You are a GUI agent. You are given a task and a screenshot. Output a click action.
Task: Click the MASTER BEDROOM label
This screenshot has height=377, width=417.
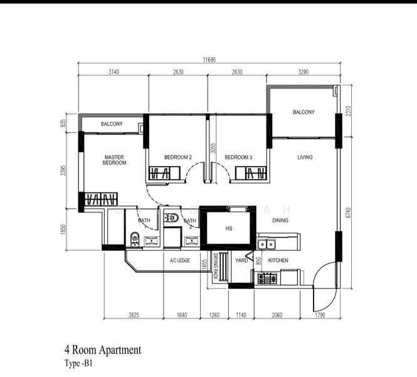pos(115,160)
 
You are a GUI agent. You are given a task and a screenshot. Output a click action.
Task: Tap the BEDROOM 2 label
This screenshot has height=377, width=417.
pos(177,157)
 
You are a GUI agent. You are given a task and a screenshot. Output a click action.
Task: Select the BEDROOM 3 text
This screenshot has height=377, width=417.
pos(238,157)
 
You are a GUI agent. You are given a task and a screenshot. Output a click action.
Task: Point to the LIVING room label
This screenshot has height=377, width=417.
pos(305,157)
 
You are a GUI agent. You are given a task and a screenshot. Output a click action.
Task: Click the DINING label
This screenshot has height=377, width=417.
pos(280,221)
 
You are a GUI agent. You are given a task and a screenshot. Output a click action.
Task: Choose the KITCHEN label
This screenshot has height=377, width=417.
pos(278,260)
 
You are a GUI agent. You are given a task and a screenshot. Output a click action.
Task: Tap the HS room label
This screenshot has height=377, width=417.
pos(229,229)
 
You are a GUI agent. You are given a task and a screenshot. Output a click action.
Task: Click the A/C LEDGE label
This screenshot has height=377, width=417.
pos(179,260)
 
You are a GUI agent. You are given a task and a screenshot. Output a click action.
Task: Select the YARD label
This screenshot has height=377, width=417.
pos(241,260)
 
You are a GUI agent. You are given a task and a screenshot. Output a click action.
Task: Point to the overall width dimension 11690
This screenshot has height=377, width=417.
pos(210,60)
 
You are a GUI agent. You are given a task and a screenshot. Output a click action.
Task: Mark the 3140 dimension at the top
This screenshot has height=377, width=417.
pos(113,72)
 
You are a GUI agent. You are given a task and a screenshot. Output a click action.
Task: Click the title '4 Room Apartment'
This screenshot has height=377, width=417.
pos(102,350)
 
